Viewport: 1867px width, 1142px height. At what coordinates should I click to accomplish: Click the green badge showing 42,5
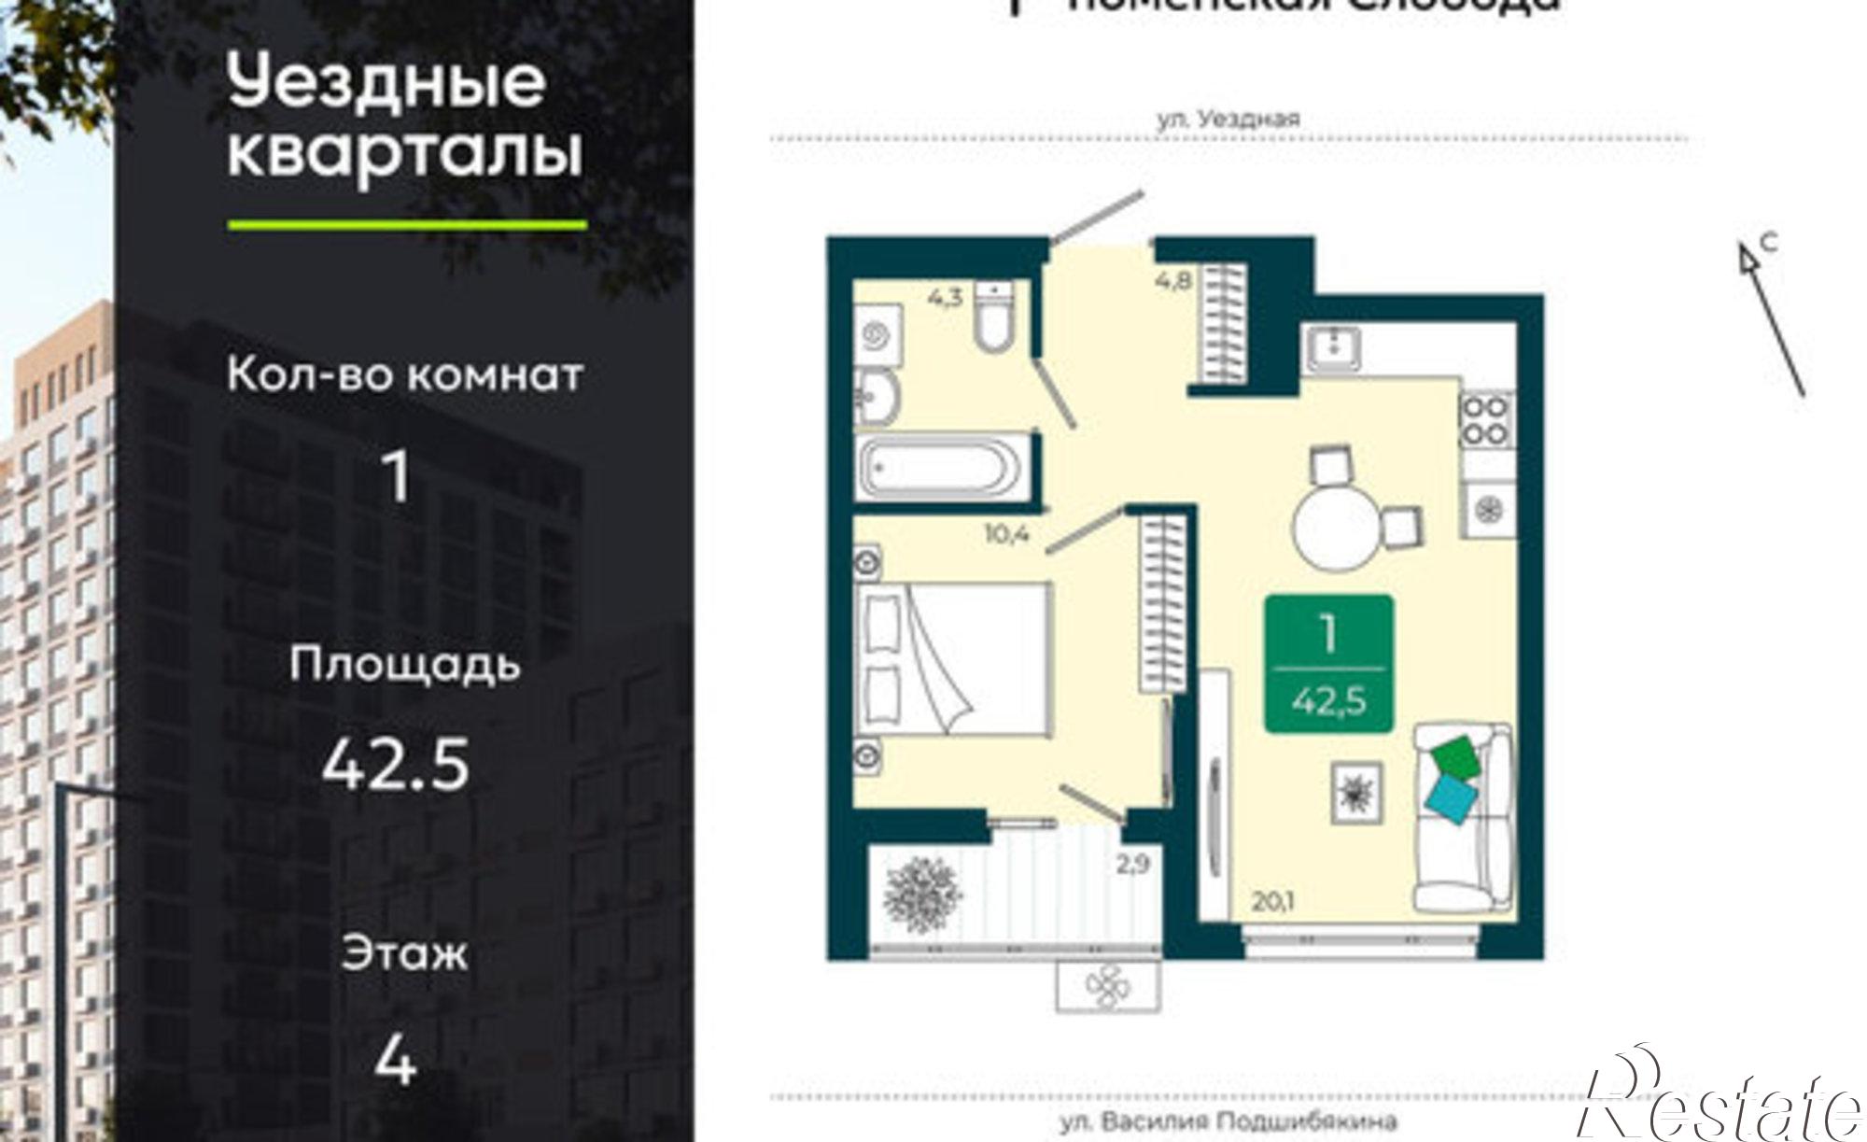(x=1328, y=664)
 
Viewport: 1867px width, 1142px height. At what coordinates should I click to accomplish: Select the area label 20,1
(x=1276, y=902)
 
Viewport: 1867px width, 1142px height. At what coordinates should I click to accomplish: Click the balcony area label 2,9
(x=1131, y=865)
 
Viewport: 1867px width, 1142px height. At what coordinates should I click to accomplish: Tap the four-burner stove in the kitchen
(x=1486, y=420)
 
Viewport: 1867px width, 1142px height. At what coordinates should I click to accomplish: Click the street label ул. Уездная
(x=1228, y=120)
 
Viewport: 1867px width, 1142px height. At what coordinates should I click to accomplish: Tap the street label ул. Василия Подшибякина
(x=1228, y=1121)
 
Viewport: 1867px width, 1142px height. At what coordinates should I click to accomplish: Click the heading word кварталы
(x=405, y=154)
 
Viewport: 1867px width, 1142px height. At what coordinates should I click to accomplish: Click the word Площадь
(x=404, y=666)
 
